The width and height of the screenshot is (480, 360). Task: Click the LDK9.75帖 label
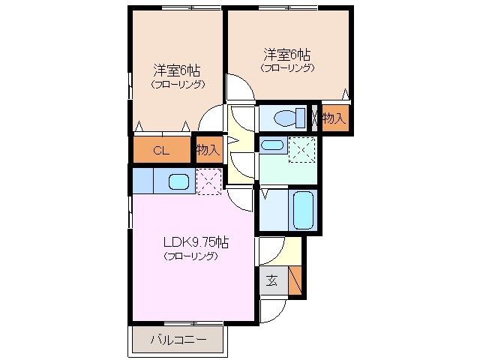(196, 242)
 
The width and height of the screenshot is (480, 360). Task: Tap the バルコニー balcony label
(178, 340)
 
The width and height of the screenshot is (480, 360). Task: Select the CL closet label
(161, 150)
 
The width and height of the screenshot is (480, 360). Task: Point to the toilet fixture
(284, 118)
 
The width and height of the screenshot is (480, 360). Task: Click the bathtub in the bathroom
(303, 210)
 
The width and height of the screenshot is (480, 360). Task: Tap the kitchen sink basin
(178, 181)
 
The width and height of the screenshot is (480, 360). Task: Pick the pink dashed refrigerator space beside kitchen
(208, 180)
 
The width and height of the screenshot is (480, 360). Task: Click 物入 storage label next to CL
(208, 150)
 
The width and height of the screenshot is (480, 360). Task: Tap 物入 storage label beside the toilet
(334, 118)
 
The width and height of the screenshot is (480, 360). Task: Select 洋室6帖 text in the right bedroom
(287, 54)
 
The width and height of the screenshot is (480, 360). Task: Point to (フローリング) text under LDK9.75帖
(191, 256)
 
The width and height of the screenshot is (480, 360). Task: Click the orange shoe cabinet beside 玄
(296, 279)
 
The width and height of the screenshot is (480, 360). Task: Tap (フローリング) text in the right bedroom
(287, 67)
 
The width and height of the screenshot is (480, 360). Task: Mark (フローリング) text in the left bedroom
(177, 85)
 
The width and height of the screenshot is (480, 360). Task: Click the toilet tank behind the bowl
(301, 118)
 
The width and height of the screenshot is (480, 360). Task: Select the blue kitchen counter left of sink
(142, 181)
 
